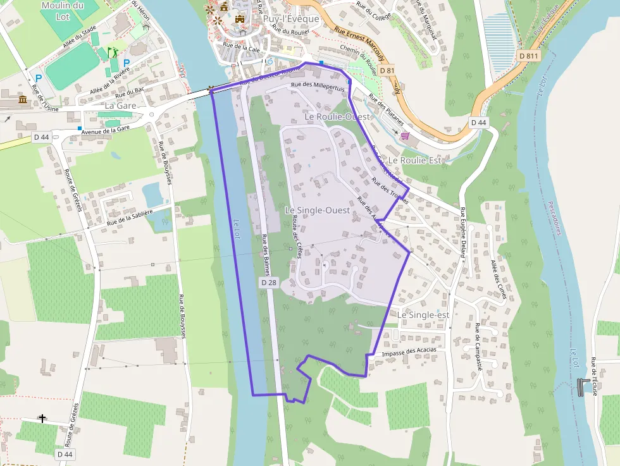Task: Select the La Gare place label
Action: pyautogui.click(x=121, y=106)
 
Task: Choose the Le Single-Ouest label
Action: pyautogui.click(x=317, y=210)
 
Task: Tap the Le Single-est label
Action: pyautogui.click(x=423, y=315)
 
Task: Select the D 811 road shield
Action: pyautogui.click(x=528, y=56)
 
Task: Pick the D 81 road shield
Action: pyautogui.click(x=387, y=71)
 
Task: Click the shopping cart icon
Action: pyautogui.click(x=405, y=135)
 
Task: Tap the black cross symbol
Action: pyautogui.click(x=42, y=418)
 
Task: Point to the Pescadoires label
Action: pyautogui.click(x=555, y=219)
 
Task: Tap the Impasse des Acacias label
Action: pyautogui.click(x=410, y=351)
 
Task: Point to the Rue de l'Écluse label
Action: pyautogui.click(x=594, y=376)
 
